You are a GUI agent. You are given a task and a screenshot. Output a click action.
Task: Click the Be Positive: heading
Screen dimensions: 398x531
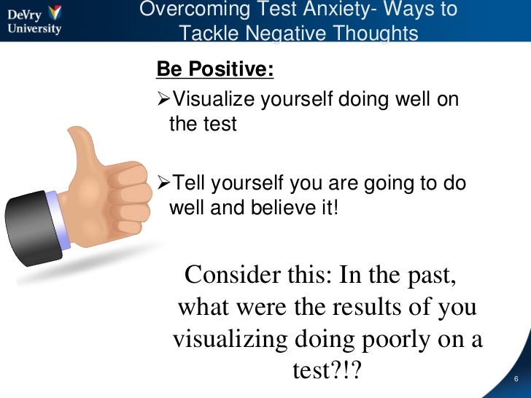[x=216, y=70]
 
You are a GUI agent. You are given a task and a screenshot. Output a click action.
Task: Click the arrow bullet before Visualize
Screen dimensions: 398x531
[x=163, y=99]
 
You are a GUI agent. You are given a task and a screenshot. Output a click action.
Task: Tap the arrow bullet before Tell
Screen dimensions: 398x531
[x=163, y=184]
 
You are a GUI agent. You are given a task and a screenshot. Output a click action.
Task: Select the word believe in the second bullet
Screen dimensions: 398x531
[x=282, y=208]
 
